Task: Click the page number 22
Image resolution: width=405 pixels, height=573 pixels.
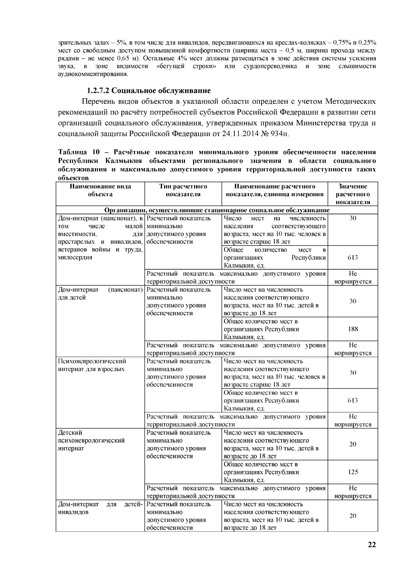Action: pyautogui.click(x=372, y=545)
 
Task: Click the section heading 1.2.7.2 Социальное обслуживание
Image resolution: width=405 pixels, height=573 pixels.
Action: pyautogui.click(x=149, y=90)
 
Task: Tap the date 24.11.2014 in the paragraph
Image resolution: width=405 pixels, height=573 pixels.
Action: pyautogui.click(x=241, y=134)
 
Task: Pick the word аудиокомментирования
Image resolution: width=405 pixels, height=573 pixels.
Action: pyautogui.click(x=93, y=74)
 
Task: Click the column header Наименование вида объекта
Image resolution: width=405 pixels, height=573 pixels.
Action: pyautogui.click(x=100, y=190)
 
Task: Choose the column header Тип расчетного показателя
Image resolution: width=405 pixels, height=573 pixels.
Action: pyautogui.click(x=183, y=190)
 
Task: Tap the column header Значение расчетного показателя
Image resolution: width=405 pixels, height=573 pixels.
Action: pyautogui.click(x=353, y=194)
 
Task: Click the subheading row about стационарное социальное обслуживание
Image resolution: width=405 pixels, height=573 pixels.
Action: pyautogui.click(x=217, y=210)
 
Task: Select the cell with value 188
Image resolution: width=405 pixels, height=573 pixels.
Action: pyautogui.click(x=353, y=329)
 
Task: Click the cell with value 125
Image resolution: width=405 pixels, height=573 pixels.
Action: pyautogui.click(x=353, y=472)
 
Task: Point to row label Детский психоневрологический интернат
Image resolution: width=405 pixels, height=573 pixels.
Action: pyautogui.click(x=91, y=440)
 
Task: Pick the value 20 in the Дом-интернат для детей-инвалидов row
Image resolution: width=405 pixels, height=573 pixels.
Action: pyautogui.click(x=353, y=516)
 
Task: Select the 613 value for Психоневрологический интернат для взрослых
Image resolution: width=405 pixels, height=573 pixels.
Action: pyautogui.click(x=353, y=400)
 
